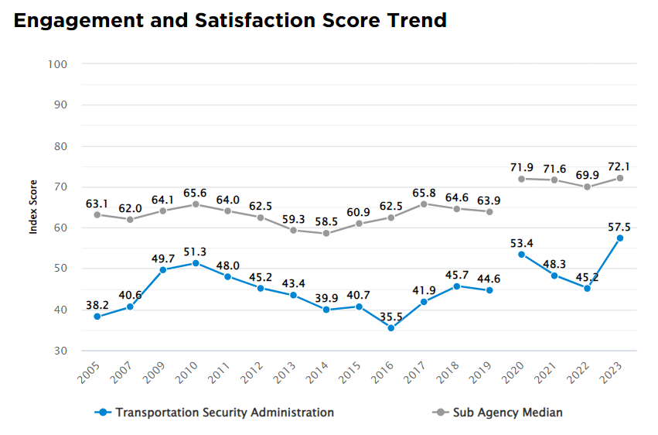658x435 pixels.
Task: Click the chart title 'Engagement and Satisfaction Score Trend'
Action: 230,21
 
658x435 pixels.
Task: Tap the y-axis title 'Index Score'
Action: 33,207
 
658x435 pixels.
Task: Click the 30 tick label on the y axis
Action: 62,351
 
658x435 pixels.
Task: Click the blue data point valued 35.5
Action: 390,328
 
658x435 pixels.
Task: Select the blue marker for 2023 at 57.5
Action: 619,238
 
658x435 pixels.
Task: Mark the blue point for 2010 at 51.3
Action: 195,263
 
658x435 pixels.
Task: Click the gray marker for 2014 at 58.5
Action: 326,233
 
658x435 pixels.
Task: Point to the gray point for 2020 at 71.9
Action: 521,179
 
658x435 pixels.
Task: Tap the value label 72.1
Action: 619,166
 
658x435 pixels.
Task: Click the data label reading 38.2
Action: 97,304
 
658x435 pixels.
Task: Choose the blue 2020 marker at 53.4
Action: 521,255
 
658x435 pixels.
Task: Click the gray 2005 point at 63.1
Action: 97,214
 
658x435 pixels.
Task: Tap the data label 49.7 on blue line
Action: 162,257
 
